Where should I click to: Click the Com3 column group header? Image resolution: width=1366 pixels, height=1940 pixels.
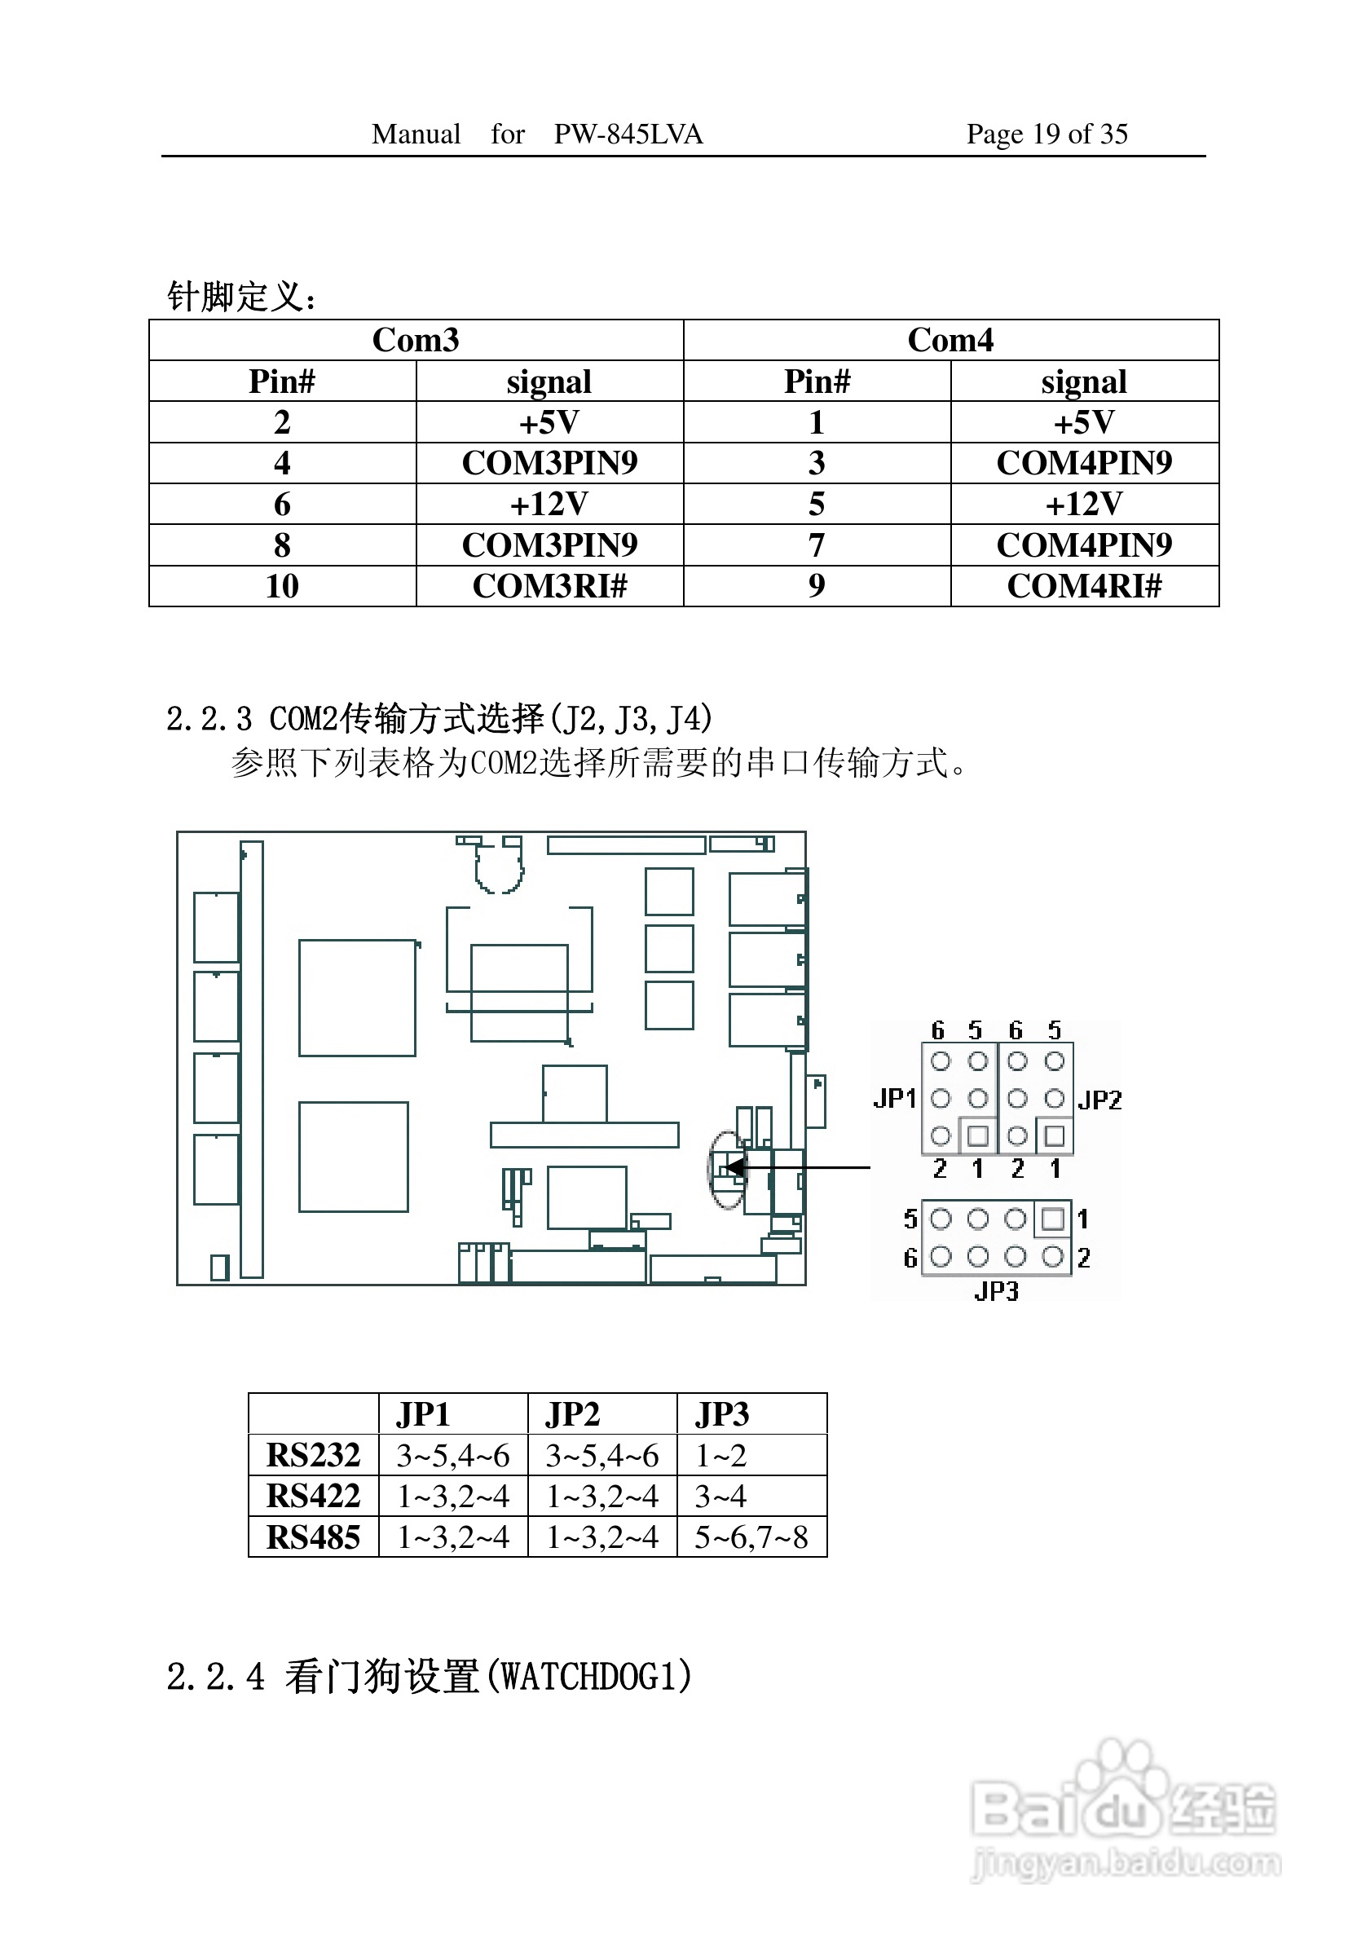coord(416,340)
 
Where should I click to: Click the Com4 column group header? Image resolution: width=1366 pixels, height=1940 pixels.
coord(950,340)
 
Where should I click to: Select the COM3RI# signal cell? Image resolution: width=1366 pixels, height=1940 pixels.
coord(550,585)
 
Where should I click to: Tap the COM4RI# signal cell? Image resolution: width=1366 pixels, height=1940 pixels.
coord(1085,585)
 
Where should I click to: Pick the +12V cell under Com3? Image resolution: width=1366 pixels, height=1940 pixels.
coord(549,504)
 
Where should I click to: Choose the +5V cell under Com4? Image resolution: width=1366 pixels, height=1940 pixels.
coord(1084,421)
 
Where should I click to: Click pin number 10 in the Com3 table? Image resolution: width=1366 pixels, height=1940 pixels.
coord(282,585)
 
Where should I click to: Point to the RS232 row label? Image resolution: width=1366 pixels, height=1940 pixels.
coord(314,1455)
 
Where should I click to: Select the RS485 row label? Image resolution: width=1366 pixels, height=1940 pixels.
coord(314,1537)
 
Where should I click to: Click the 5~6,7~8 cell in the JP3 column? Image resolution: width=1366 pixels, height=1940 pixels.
coord(751,1537)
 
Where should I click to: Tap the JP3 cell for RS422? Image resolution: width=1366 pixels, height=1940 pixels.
coord(720,1497)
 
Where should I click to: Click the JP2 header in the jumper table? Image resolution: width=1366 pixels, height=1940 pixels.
coord(572,1414)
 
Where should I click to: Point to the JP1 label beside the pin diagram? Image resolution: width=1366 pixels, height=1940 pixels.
coord(895,1099)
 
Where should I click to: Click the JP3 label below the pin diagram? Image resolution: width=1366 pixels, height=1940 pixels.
coord(997,1292)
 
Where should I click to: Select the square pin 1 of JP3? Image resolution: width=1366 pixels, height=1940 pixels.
coord(1052,1219)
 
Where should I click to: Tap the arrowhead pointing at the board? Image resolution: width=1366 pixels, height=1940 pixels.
coord(736,1168)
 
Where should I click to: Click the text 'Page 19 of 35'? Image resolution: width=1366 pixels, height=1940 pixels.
coord(1047,134)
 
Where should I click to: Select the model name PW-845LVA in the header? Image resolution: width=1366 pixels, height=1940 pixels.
coord(628,134)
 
